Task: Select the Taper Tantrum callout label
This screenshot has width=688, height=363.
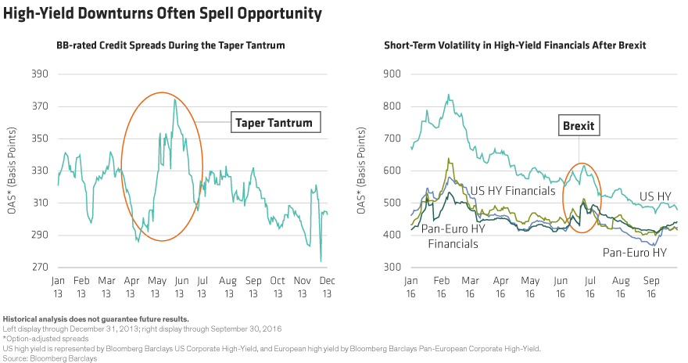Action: click(x=274, y=122)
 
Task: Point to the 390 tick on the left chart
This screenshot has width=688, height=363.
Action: click(x=40, y=75)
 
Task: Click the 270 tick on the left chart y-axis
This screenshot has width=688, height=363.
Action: click(x=40, y=268)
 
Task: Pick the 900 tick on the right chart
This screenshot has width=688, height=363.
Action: click(x=393, y=75)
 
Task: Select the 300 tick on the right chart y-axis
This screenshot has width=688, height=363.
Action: click(x=393, y=268)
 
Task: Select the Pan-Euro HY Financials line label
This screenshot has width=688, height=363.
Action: click(x=453, y=237)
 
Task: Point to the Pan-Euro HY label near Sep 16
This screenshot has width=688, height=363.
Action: click(x=635, y=253)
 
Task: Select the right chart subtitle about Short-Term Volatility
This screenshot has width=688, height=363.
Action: click(x=514, y=45)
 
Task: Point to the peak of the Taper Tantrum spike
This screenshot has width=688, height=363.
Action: click(x=174, y=99)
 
